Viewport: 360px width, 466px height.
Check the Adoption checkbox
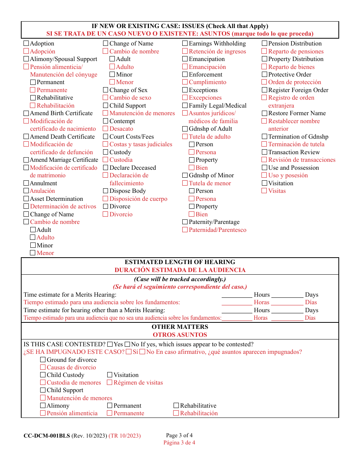point(26,44)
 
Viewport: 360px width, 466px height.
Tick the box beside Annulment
point(26,183)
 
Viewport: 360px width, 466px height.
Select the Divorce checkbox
point(106,206)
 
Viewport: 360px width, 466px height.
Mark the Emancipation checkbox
point(185,59)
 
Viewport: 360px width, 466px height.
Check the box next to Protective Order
point(265,75)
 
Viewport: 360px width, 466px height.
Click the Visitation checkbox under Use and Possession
point(265,183)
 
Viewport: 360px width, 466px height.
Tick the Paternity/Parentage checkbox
point(185,222)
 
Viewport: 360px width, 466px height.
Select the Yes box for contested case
point(110,344)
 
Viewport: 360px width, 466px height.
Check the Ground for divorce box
point(43,360)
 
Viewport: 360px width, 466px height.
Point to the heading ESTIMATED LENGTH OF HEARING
point(180,262)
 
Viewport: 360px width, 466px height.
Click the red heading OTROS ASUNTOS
point(180,335)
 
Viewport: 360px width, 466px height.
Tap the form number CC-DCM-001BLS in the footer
point(47,436)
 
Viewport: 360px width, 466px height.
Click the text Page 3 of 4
point(179,435)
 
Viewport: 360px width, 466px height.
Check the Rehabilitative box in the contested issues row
point(176,406)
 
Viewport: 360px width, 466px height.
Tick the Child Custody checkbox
point(43,375)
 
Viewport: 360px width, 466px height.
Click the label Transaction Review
point(294,152)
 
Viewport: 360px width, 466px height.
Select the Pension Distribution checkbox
point(265,44)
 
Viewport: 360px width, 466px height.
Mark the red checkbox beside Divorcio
point(106,214)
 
